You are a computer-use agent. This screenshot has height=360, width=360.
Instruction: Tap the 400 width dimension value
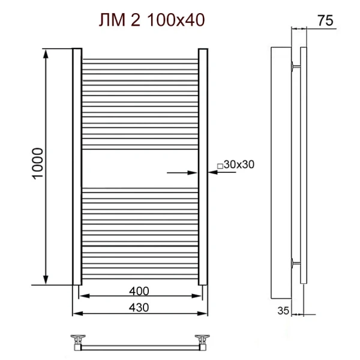tap(138, 291)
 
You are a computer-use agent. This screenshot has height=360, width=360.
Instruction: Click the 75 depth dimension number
tap(325, 20)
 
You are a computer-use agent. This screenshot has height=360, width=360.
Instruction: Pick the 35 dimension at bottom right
tap(284, 310)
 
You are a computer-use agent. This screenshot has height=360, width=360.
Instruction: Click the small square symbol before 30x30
tap(220, 166)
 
